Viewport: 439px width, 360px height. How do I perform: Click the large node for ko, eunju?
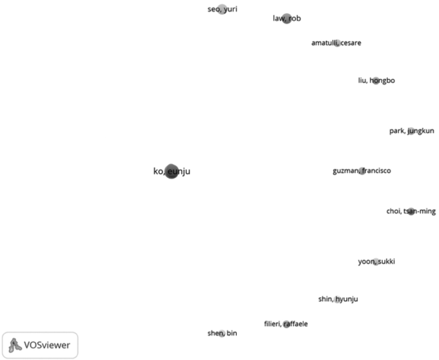[172, 172]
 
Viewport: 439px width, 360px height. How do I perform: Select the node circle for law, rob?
[287, 19]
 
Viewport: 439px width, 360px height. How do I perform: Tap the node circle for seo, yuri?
[222, 9]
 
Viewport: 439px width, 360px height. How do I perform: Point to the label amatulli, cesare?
[336, 43]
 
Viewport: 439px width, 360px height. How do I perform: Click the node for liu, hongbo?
[376, 81]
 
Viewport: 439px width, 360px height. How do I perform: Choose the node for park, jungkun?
[411, 131]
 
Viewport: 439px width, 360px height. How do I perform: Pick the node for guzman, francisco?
[362, 171]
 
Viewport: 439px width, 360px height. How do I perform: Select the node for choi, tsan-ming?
[411, 211]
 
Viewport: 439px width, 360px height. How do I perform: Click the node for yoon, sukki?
[376, 262]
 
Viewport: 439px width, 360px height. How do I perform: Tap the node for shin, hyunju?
[338, 299]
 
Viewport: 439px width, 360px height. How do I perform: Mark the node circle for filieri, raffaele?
[286, 324]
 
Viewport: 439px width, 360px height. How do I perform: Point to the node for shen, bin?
[222, 334]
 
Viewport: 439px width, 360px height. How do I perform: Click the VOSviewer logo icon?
[15, 344]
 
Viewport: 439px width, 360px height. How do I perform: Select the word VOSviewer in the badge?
[46, 345]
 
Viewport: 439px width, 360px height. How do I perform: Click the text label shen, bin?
[222, 333]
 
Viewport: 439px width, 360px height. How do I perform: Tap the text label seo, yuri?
[222, 9]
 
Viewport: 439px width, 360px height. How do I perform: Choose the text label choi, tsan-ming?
[411, 211]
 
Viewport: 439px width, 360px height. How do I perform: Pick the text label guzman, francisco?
[361, 170]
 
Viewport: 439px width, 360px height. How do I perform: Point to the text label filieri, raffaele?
[286, 323]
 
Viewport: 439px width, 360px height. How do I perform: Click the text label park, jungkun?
[411, 131]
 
